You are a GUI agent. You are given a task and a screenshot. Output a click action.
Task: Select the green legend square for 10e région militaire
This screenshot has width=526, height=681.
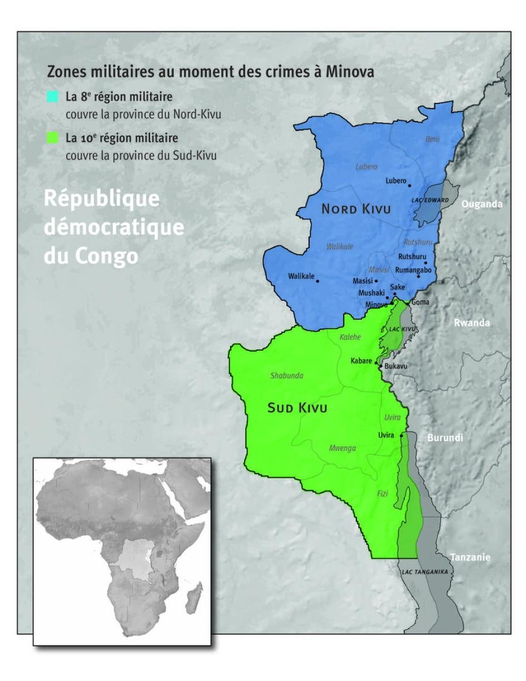click(53, 137)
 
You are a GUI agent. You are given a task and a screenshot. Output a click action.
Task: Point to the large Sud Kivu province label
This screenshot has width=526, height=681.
click(297, 408)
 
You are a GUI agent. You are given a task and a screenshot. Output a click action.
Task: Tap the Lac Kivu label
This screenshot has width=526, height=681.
click(402, 329)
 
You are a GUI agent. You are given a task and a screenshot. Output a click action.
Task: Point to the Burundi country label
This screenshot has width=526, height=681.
click(445, 438)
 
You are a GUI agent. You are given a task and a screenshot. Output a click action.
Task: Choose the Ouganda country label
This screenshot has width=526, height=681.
click(482, 204)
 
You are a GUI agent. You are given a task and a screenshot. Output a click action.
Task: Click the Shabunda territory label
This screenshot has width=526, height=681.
click(287, 376)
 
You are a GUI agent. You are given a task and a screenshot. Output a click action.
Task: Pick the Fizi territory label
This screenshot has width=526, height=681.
click(383, 494)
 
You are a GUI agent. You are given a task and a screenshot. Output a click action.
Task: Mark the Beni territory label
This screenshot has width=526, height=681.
click(432, 139)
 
